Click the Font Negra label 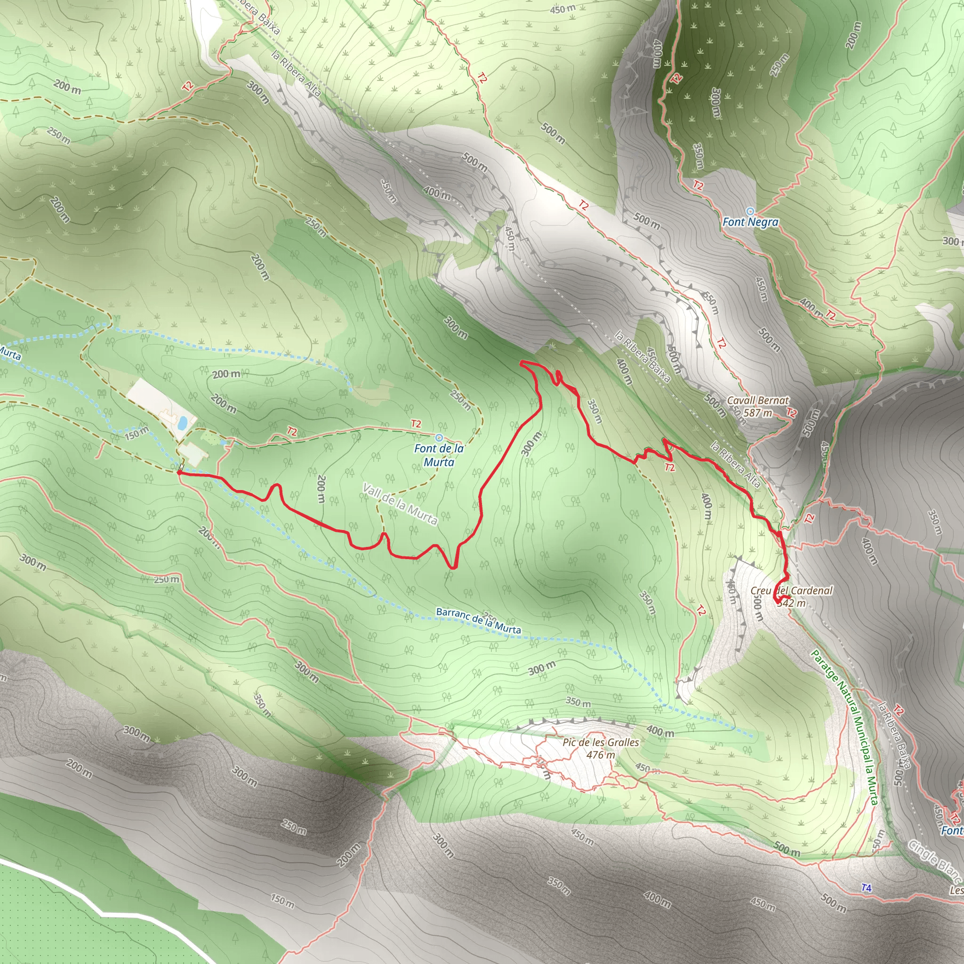pos(750,222)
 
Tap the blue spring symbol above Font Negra pos(749,211)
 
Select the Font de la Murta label pos(439,455)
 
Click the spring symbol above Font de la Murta pos(439,438)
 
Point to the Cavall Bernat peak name pos(757,400)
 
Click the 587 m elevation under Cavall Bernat pos(757,413)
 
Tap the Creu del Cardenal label pos(791,591)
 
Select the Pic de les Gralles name pos(601,742)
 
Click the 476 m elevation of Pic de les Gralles pos(601,755)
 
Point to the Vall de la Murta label pos(400,504)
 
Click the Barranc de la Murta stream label pos(478,621)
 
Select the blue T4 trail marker pos(867,888)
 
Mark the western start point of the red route pos(178,471)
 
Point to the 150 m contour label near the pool pos(136,433)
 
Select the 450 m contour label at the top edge pos(563,9)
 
